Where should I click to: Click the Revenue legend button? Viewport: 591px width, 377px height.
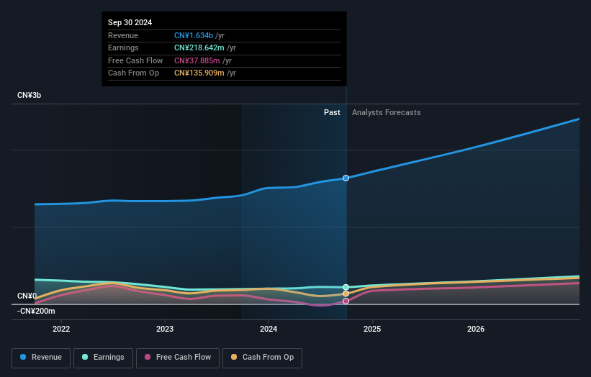coord(42,358)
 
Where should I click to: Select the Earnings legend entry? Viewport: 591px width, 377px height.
coord(103,358)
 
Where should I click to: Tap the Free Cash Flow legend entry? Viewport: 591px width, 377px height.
coord(177,358)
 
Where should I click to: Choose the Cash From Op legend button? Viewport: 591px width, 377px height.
coord(263,358)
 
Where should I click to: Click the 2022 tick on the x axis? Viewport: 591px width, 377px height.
coord(61,330)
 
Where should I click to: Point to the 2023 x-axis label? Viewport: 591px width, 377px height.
coord(165,330)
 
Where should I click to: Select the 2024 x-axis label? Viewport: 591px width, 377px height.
coord(269,330)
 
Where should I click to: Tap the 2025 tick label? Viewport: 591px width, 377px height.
coord(372,330)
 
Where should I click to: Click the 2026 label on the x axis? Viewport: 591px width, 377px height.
coord(476,330)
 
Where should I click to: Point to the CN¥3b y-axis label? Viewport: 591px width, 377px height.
coord(30,96)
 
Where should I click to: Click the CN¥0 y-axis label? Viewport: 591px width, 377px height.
coord(27,296)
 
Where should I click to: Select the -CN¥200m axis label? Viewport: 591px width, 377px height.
coord(35,311)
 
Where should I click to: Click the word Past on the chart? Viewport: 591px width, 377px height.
coord(332,112)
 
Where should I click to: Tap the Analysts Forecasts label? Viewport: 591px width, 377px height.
coord(386,112)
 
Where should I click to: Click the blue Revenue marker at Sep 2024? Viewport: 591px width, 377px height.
coord(346,178)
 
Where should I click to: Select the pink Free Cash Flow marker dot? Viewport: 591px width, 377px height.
coord(346,301)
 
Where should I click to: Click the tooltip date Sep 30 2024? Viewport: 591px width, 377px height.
coord(130,23)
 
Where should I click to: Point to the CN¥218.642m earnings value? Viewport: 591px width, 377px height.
coord(200,48)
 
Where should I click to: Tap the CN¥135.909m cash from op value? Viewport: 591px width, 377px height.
coord(200,73)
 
